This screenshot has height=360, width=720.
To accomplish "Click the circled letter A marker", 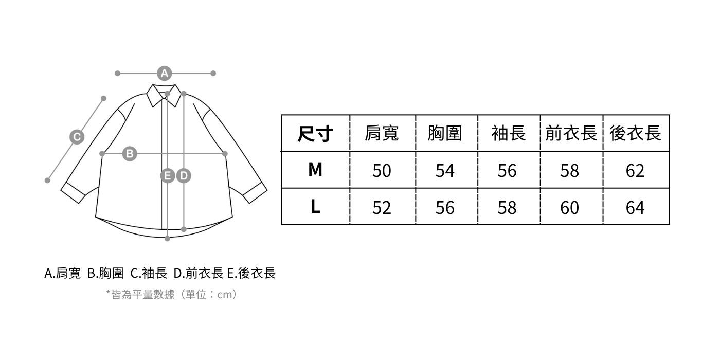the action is coord(164,74).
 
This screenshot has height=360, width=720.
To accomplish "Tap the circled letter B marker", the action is coord(130,153).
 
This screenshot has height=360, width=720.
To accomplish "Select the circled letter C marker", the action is coord(77,137).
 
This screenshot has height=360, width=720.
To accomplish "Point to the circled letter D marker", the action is coord(184,176).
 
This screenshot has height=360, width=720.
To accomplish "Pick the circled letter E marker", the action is coord(168,176).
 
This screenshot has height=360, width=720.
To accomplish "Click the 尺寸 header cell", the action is coord(315,134).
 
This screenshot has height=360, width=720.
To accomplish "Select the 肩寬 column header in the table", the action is coord(382,134).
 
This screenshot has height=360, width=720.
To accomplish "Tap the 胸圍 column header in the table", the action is coord(445,134).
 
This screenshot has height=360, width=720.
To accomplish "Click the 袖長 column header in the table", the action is coord(508,134).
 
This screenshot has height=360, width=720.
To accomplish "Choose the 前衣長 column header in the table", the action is coord(571,134).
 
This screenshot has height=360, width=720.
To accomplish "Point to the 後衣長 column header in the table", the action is coord(635,134).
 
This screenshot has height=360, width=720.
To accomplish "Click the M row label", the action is coord(315,169).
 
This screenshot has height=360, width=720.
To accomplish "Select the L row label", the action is coord(315,207).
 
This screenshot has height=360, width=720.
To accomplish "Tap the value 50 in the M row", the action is coord(382,171).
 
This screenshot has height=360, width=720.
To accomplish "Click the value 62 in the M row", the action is coord(635,171).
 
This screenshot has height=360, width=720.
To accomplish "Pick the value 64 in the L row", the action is coord(635,208).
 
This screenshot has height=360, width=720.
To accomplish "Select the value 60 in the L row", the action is coord(570,208).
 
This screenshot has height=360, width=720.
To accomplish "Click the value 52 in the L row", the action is coord(382,208).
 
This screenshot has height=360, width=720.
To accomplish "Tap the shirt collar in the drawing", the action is coord(164,95).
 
